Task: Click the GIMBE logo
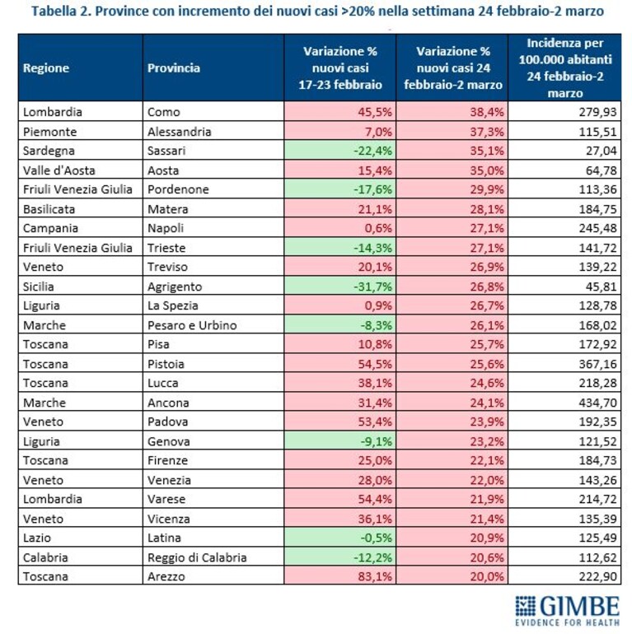point(567,611)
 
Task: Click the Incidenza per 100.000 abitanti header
point(564,68)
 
